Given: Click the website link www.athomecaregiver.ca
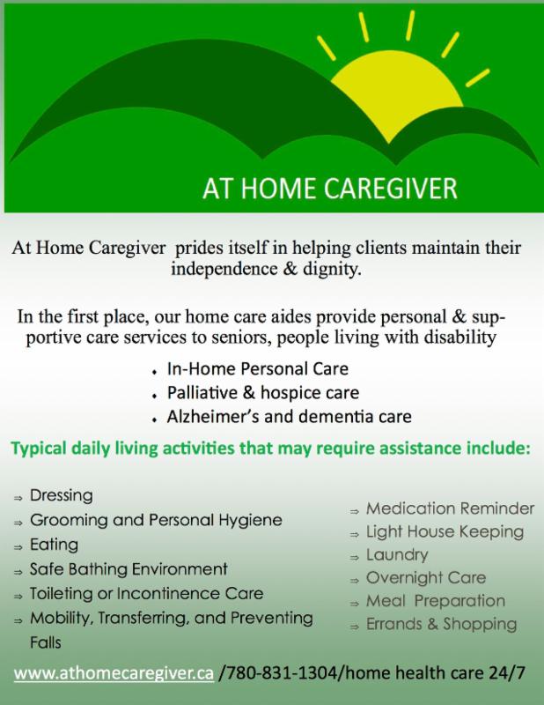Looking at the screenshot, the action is tap(114, 673).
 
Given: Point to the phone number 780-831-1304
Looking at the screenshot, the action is tap(280, 672).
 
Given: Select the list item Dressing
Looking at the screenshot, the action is tap(61, 495).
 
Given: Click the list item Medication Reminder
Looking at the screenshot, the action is tap(450, 508).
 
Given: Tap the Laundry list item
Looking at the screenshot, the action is tap(397, 555).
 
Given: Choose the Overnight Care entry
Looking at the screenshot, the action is tap(426, 578).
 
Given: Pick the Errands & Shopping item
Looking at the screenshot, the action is tap(442, 624).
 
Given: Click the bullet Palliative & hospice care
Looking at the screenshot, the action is tap(263, 393).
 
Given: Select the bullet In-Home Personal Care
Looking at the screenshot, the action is tap(257, 368).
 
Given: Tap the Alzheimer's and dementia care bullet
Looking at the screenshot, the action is tap(289, 417).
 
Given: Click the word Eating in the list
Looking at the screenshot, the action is tap(54, 545).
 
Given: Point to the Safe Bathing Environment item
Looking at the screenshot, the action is tap(129, 569).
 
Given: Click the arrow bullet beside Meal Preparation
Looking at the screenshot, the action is tap(355, 604).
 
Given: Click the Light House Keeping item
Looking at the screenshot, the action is tap(445, 532).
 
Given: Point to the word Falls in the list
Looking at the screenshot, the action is tap(46, 642).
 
